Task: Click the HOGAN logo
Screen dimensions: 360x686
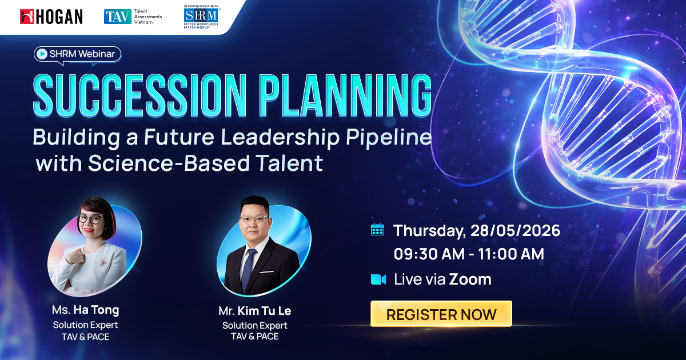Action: coord(51,17)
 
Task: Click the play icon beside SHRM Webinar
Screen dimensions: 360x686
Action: coord(41,54)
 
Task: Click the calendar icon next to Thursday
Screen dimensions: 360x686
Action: coord(377,230)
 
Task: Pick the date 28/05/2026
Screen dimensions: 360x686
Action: coord(515,231)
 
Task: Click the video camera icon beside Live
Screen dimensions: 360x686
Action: coord(378,279)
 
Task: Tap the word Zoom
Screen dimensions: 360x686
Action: coord(470,279)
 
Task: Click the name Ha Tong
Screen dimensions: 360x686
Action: coord(96,310)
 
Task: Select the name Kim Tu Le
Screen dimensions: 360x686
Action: coord(265,311)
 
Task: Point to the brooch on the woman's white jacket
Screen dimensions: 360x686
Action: coord(103,262)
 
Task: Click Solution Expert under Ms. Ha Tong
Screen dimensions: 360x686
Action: coord(85,325)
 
